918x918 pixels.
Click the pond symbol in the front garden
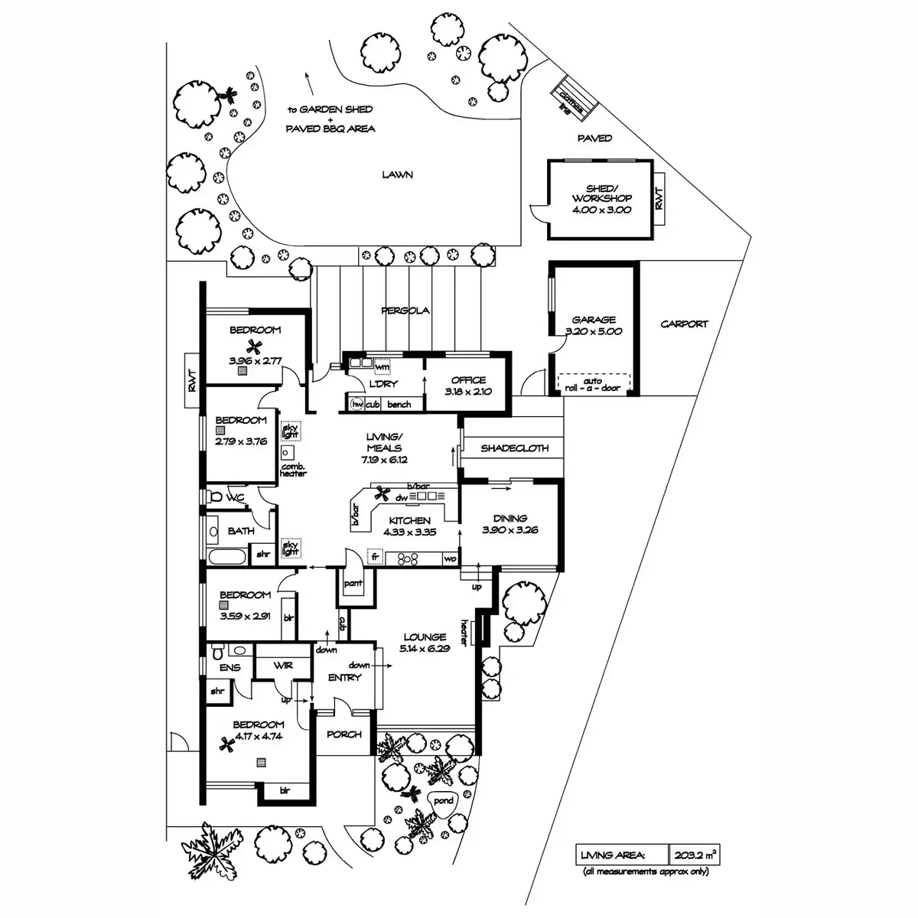coord(443,802)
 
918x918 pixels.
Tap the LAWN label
coord(398,175)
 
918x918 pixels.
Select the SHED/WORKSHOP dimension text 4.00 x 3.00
coord(601,209)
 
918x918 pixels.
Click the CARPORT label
coord(684,324)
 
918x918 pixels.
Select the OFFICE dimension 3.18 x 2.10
coord(467,391)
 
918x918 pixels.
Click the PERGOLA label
coord(405,311)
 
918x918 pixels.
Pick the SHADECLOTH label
coord(514,448)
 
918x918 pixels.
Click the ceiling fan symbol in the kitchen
coord(383,492)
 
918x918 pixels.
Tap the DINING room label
coord(509,518)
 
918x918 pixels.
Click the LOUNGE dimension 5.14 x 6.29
coord(425,647)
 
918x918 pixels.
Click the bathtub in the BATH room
coord(226,555)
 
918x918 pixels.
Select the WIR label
coord(283,666)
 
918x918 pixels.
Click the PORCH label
coord(343,734)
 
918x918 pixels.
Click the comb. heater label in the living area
coord(294,470)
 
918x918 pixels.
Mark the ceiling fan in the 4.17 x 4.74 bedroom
coord(226,743)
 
